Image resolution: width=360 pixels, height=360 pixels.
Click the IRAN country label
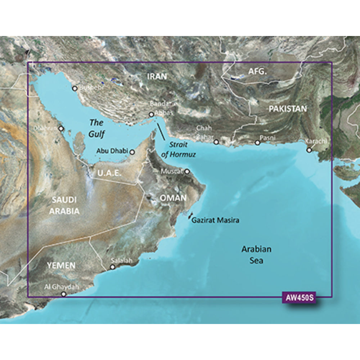157,76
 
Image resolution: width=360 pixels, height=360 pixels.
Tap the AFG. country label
258,72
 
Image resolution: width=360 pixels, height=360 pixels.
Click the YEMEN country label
61,266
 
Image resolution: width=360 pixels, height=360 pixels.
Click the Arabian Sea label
256,255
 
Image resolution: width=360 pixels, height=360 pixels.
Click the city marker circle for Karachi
309,150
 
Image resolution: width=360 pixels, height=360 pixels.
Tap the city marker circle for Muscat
187,172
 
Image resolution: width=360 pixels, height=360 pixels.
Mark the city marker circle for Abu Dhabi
132,152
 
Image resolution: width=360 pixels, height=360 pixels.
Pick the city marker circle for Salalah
113,267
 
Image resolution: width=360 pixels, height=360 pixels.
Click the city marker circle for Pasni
257,143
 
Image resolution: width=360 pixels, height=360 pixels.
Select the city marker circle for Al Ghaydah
64,294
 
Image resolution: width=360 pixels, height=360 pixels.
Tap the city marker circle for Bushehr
75,88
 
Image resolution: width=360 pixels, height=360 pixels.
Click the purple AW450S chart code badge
297,298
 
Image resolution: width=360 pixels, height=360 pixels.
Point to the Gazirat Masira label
215,220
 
